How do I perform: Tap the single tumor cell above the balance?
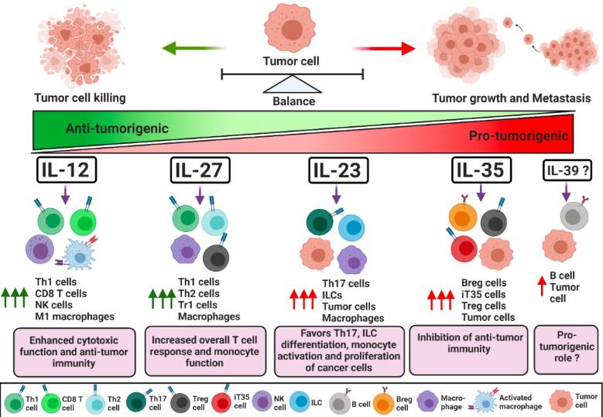click(x=292, y=26)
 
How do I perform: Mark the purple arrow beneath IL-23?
click(x=337, y=197)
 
